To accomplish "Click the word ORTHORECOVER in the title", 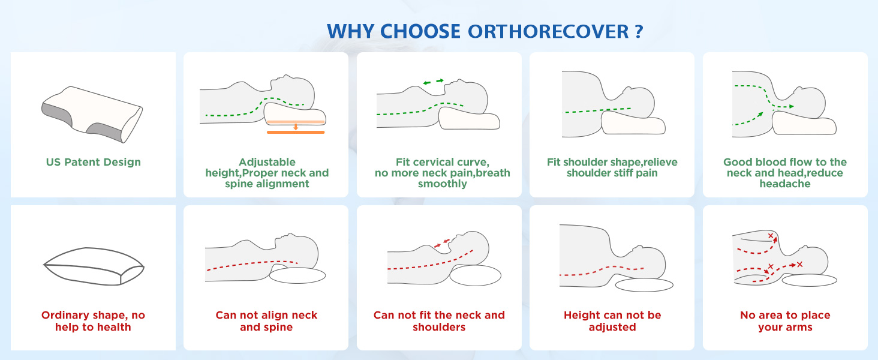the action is (x=548, y=31).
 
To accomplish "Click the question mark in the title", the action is (x=639, y=31).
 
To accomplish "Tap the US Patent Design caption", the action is (x=94, y=163).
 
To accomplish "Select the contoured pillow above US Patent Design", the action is (x=92, y=115).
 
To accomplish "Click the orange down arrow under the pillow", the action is (x=296, y=127).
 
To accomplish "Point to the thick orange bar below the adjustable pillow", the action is (x=296, y=133).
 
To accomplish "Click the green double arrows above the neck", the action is (x=434, y=82).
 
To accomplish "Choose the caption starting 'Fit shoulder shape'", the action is (x=612, y=167).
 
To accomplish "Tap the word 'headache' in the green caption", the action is (x=784, y=184).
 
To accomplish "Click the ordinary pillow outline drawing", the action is (x=94, y=266).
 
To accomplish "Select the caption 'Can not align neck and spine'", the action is (x=266, y=321).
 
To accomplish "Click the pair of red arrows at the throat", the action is (x=442, y=243).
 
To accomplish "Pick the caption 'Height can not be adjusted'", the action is (x=612, y=321).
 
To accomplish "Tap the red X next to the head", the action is (x=799, y=265).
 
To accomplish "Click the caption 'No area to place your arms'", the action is (x=785, y=321).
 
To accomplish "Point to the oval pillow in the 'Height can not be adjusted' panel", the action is (x=644, y=285).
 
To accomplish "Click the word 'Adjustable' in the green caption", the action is (x=267, y=163).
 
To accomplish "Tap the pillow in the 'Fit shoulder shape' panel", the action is (x=633, y=122).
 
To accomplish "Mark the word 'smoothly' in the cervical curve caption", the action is (x=442, y=184).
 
